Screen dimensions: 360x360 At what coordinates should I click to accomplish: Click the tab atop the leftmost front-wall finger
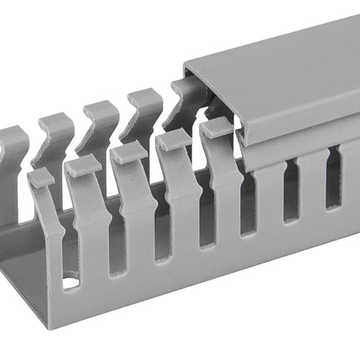point(41,178)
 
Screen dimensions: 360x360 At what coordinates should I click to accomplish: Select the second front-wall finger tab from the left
point(84,166)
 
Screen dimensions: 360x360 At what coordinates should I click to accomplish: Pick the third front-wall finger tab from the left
point(129,153)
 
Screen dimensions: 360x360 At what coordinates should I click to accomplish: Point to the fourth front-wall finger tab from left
point(173,141)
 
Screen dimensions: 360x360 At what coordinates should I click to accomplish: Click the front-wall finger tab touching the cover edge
point(217,128)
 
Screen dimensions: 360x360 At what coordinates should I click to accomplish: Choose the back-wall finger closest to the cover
point(186,96)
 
